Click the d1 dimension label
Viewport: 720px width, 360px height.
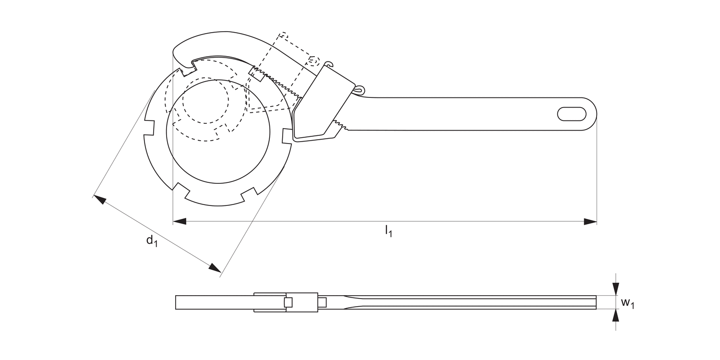(152, 240)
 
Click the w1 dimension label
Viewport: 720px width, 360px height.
(627, 303)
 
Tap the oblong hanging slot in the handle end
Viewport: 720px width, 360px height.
(571, 114)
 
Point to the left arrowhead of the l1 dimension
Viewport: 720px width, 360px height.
(179, 222)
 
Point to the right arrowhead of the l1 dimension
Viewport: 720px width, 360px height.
(590, 222)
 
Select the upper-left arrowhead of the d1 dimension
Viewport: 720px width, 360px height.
(99, 198)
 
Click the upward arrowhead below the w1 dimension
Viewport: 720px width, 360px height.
(616, 315)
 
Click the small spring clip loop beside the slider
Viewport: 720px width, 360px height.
(359, 89)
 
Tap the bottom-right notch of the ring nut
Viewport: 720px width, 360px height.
(248, 194)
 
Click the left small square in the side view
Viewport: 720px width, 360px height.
(288, 302)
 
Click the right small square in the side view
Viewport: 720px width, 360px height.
(322, 302)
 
